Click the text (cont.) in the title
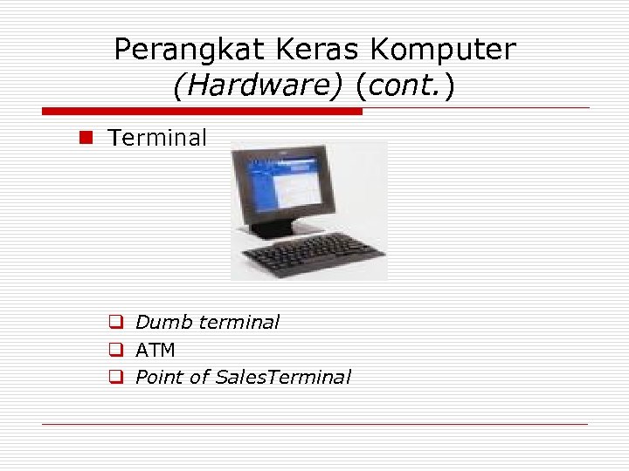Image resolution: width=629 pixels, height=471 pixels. [404, 86]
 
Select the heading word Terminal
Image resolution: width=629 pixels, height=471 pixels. [157, 138]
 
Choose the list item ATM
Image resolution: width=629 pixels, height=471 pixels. [156, 351]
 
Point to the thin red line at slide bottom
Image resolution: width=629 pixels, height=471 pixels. [314, 424]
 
